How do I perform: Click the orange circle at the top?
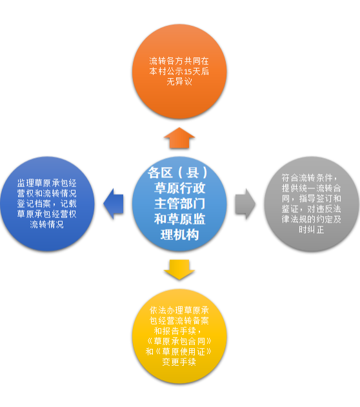[x=179, y=72]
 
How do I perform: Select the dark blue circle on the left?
[x=47, y=204]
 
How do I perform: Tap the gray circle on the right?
[x=312, y=204]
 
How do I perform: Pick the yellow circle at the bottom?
[x=179, y=336]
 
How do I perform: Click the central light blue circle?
[x=179, y=204]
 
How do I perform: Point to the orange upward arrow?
[x=179, y=138]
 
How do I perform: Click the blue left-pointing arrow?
[x=114, y=204]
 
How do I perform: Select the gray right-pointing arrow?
[x=245, y=204]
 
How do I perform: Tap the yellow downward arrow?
[x=179, y=270]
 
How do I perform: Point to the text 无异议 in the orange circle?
[x=179, y=82]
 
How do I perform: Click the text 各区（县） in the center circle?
[x=178, y=172]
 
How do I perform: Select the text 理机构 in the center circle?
[x=179, y=235]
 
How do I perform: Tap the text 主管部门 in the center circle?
[x=179, y=204]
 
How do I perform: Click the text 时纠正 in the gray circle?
[x=312, y=230]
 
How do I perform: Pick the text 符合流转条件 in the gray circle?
[x=307, y=178]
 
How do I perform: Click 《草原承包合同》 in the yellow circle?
[x=179, y=341]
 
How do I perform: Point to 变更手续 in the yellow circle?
[x=179, y=362]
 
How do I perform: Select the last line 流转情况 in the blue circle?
[x=46, y=224]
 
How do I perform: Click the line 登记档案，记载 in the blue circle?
[x=47, y=204]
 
